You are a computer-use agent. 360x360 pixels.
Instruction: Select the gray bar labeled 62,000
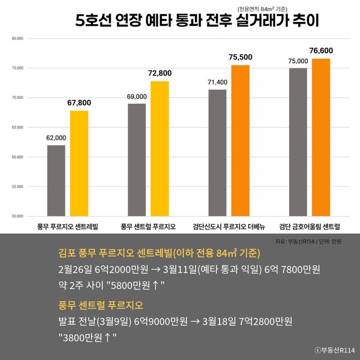pos(56,181)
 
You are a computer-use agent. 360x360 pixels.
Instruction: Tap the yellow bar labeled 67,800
pos(79,163)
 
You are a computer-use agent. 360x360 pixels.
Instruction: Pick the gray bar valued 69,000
pos(137,160)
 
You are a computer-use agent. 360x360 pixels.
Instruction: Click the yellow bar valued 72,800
pos(160,148)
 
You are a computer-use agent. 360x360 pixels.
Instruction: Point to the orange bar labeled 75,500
pos(240,140)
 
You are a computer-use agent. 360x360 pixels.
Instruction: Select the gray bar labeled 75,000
pos(298,142)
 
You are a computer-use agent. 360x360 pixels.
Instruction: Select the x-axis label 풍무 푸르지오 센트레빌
pos(68,226)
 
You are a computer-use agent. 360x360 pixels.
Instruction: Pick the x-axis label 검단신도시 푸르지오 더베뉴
pos(229,226)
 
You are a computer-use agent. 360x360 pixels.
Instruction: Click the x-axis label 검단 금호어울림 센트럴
pos(309,226)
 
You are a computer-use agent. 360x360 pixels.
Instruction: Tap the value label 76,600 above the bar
pos(321,51)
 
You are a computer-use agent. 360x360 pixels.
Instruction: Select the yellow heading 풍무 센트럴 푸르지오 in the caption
pos(100,306)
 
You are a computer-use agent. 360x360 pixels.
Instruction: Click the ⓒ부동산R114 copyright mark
pos(333,350)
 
